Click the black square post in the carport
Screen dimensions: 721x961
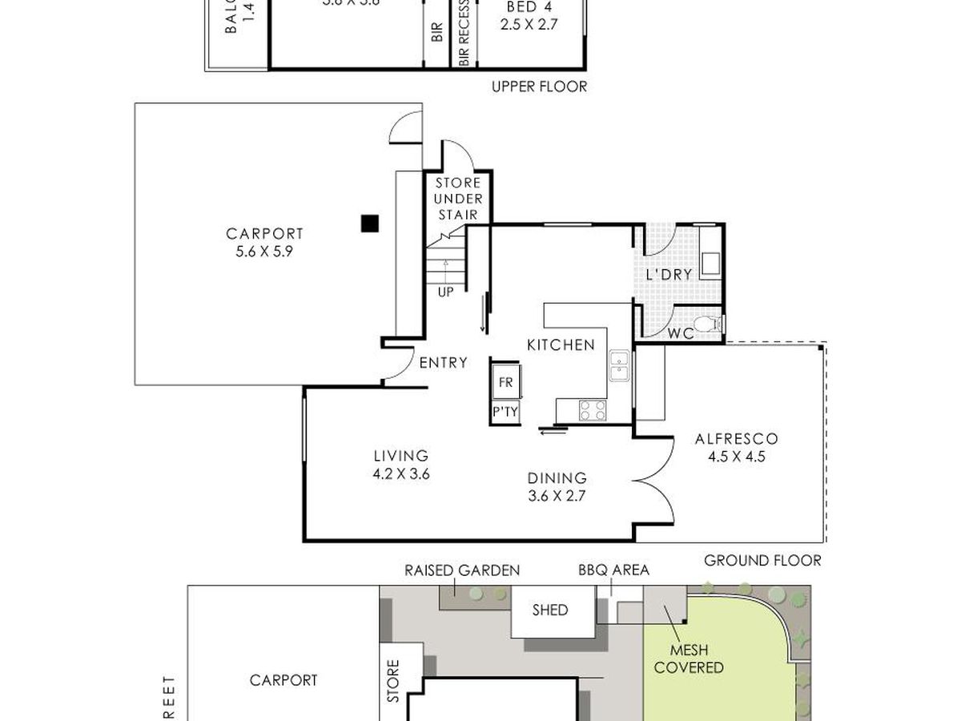(x=368, y=224)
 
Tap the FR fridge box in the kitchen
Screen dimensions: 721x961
(x=506, y=383)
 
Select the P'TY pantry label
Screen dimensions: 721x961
(x=506, y=412)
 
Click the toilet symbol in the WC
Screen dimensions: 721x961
(x=706, y=324)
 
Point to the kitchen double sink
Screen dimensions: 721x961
(x=619, y=367)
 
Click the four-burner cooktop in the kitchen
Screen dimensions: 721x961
(x=593, y=409)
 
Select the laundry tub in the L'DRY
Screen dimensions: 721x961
(x=710, y=263)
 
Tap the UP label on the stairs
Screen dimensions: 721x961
(x=446, y=292)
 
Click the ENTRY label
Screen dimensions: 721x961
(x=443, y=363)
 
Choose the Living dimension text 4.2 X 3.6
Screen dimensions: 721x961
(x=401, y=473)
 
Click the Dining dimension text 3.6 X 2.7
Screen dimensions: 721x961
(x=557, y=495)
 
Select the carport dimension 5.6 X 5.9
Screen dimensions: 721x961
(x=264, y=251)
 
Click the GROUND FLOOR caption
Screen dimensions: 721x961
(x=762, y=560)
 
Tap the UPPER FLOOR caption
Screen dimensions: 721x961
(x=539, y=87)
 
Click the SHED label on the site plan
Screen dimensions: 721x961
(x=550, y=610)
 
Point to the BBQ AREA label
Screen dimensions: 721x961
(x=613, y=570)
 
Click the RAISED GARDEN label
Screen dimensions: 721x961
(x=462, y=570)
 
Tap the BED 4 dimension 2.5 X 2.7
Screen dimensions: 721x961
(x=529, y=25)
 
